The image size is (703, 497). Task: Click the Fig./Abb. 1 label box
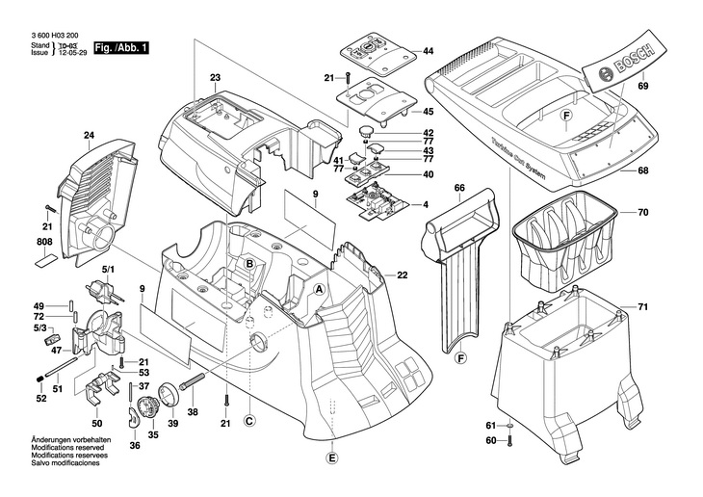click(121, 47)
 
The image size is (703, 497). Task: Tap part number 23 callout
click(215, 77)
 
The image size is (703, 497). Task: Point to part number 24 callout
click(89, 135)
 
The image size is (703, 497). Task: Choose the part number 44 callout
click(429, 50)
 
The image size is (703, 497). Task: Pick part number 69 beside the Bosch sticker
click(643, 88)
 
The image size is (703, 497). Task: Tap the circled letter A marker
click(319, 289)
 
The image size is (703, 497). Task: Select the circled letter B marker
click(247, 264)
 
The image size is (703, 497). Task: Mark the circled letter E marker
click(331, 458)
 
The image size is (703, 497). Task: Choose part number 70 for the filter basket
click(643, 211)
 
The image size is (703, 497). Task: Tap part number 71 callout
click(643, 307)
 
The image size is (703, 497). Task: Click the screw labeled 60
click(509, 440)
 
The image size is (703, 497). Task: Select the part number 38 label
click(193, 411)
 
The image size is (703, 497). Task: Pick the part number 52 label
click(41, 399)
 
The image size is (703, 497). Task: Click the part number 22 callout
click(402, 275)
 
